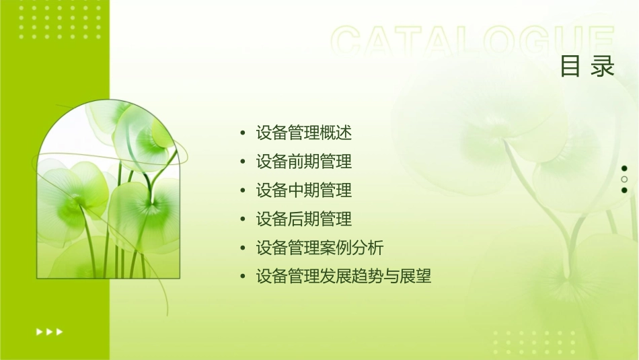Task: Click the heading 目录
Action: tap(587, 67)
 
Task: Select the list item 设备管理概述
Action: tap(303, 133)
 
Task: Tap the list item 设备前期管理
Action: tap(303, 161)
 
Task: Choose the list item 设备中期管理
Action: tap(303, 190)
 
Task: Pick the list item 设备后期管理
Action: tap(303, 219)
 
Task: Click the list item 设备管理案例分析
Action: tap(319, 248)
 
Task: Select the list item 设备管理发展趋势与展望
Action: tap(343, 276)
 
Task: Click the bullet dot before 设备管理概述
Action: tap(242, 133)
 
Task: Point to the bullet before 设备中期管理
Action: tap(242, 191)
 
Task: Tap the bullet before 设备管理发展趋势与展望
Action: tap(242, 277)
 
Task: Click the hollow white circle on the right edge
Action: tap(624, 179)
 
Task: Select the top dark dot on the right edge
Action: tap(624, 168)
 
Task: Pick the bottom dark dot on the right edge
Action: tap(624, 190)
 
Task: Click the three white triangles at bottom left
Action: tap(50, 331)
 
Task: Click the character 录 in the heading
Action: tap(603, 67)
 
